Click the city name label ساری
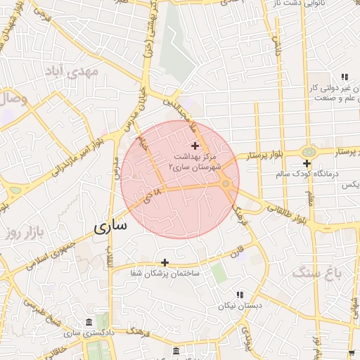click(x=111, y=226)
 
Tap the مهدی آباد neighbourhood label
click(x=72, y=72)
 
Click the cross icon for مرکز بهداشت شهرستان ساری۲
click(x=195, y=145)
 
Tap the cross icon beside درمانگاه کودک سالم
click(x=307, y=163)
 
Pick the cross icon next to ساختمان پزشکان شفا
click(x=165, y=262)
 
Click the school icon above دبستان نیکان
click(x=239, y=295)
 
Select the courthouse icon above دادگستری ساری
click(x=88, y=322)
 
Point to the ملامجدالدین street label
click(x=184, y=112)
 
